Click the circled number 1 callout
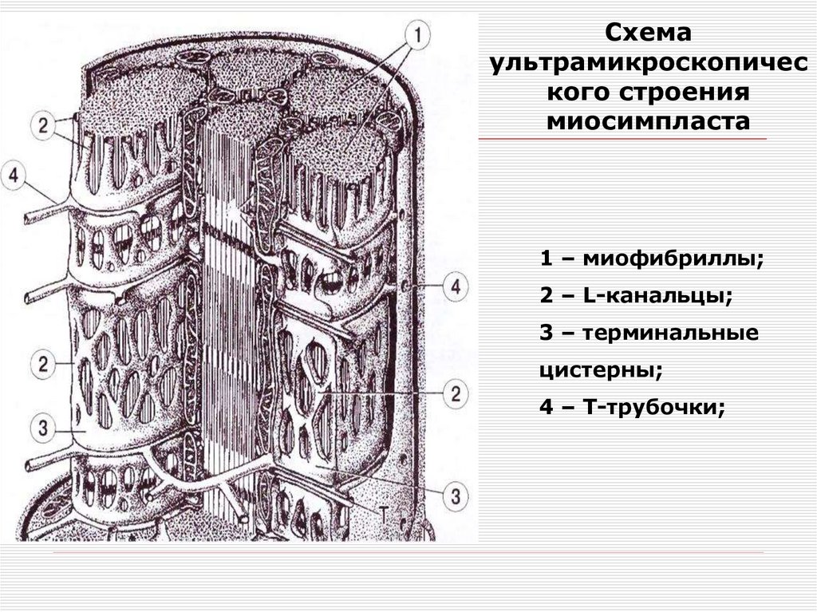click(x=419, y=34)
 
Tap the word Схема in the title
click(x=645, y=35)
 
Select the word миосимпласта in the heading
click(x=649, y=121)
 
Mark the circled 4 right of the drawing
click(x=456, y=286)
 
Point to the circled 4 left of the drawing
click(x=14, y=175)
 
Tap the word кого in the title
click(x=575, y=93)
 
